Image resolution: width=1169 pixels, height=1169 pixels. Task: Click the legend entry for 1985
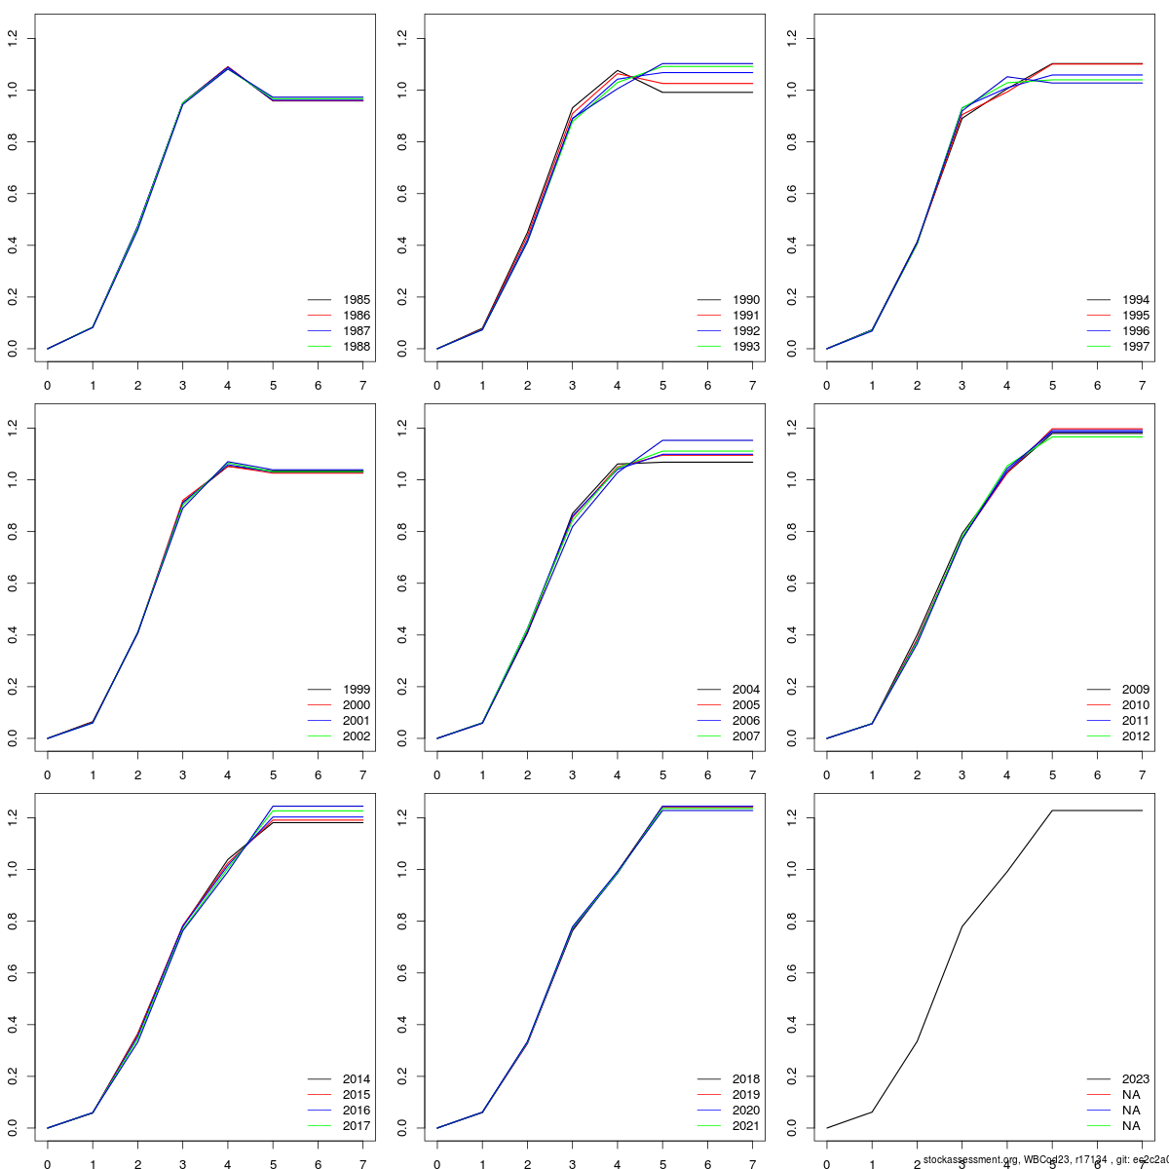356,300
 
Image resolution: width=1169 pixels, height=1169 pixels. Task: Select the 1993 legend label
745,347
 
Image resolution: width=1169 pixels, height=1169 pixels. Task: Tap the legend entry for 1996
1135,331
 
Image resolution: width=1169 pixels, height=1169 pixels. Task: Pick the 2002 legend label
356,736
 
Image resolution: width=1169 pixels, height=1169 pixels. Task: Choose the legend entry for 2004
745,690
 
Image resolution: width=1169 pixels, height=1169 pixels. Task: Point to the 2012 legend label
1135,736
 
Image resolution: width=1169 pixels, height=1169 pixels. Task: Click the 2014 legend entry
356,1079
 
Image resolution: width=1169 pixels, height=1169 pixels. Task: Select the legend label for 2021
745,1126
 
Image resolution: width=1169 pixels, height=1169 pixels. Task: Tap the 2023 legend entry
1135,1079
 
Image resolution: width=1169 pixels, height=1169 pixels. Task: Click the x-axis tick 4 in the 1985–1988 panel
228,386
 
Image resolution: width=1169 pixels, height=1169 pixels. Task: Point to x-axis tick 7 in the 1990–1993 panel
753,386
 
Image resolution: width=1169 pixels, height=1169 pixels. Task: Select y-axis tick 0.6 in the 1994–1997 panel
792,194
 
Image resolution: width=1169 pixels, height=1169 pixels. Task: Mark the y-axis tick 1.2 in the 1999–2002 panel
13,429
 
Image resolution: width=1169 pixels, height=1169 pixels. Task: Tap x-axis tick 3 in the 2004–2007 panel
573,775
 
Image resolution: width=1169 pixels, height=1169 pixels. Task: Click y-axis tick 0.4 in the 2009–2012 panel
792,635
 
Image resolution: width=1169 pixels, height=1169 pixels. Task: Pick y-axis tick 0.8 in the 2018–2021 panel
402,922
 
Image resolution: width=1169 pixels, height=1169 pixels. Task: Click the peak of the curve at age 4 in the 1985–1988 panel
228,68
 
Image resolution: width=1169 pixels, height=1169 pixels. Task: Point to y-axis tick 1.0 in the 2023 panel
792,870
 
